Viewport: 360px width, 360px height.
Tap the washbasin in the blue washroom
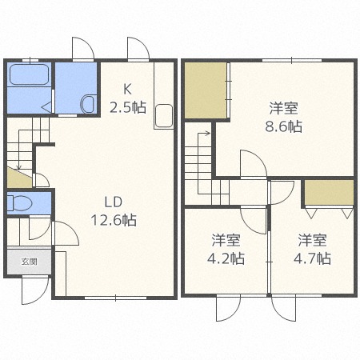[x=88, y=103]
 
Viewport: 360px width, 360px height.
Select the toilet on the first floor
[x=22, y=203]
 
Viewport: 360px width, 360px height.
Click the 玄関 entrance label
[x=29, y=262]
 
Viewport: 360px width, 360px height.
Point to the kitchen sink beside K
[x=163, y=115]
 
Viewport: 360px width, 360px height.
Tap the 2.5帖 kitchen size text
[x=128, y=107]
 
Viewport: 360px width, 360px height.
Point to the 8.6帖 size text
[x=285, y=126]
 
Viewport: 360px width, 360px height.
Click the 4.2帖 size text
[x=228, y=258]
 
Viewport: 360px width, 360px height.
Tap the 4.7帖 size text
[x=314, y=258]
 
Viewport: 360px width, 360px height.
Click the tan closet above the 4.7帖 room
[x=328, y=193]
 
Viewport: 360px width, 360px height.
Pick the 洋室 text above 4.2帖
[x=228, y=239]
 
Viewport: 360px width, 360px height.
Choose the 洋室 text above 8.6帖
[x=285, y=107]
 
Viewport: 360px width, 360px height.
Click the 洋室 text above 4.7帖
[x=314, y=239]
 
